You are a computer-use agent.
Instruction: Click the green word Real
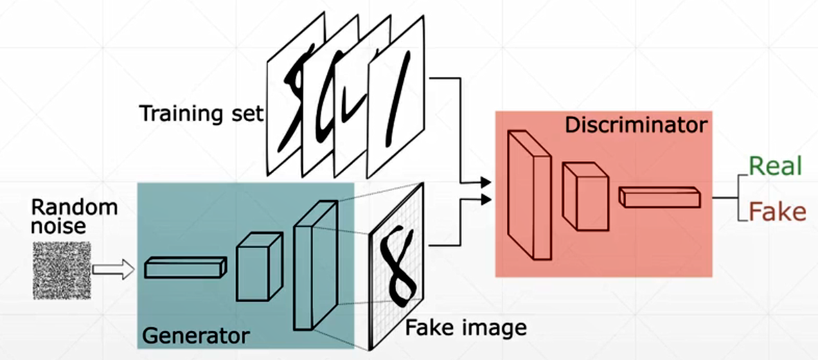(775, 166)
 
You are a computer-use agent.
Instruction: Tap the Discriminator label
(636, 125)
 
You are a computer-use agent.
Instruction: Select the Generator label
(195, 336)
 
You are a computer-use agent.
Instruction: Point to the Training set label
(202, 112)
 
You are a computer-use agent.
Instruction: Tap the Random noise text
(74, 216)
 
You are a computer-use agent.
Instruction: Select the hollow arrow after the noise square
(113, 269)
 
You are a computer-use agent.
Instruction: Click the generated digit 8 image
(396, 267)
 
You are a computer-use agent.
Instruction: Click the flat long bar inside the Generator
(186, 267)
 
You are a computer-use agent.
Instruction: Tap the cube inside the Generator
(259, 267)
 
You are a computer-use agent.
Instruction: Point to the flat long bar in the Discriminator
(659, 197)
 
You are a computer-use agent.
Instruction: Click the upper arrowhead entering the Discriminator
(486, 182)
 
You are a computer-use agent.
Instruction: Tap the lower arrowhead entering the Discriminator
(486, 201)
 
